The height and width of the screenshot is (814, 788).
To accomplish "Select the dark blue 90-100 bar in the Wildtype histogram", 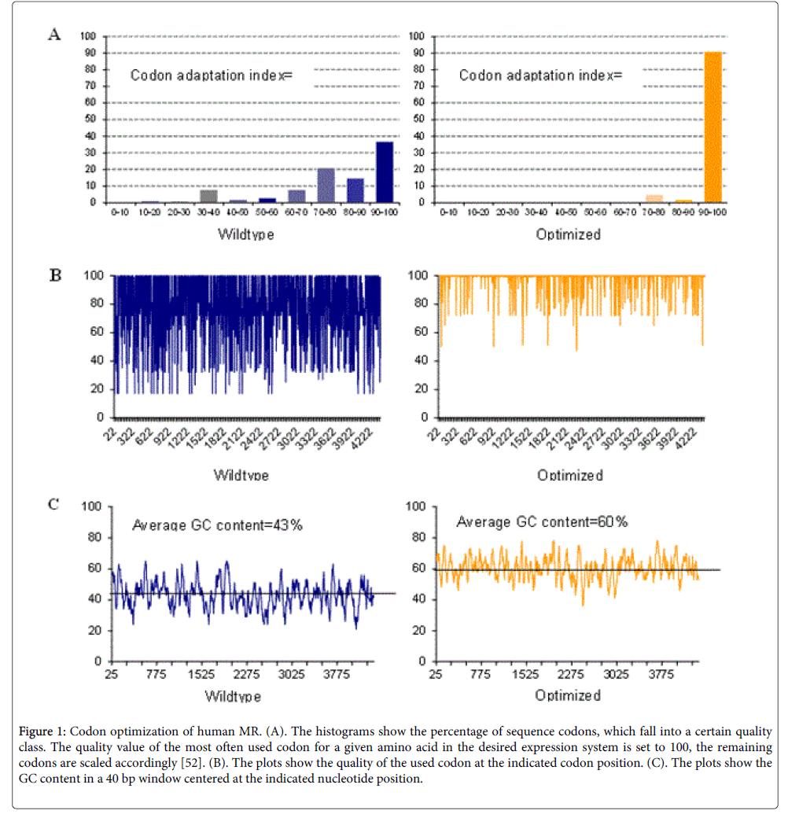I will [x=385, y=172].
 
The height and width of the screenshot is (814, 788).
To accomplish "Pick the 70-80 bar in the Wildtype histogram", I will [x=326, y=186].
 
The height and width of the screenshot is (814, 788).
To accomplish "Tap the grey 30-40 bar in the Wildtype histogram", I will [x=208, y=197].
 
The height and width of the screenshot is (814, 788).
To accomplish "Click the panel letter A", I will [x=53, y=35].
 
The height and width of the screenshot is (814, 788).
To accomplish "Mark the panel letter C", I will [x=53, y=504].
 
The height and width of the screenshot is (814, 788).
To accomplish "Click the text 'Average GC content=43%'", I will [x=217, y=525].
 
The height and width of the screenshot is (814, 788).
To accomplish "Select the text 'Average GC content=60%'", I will [x=542, y=522].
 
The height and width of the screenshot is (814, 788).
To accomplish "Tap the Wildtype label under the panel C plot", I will [x=233, y=696].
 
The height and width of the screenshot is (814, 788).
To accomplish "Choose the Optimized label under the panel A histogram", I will [x=569, y=234].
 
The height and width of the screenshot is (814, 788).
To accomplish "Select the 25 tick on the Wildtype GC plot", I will [x=111, y=675].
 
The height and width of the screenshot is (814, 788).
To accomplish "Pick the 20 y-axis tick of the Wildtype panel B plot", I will [x=99, y=389].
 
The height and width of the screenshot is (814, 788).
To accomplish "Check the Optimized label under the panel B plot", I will [x=570, y=475].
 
